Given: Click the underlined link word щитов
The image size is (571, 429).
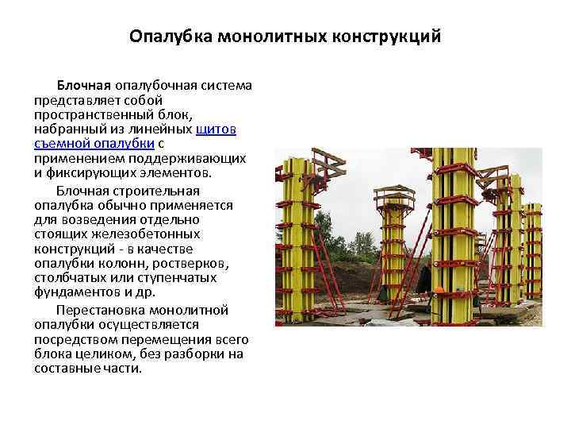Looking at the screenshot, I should click(x=231, y=129).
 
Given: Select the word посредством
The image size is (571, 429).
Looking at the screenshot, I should click(x=72, y=338).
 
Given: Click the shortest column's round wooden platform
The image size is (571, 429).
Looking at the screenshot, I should click(x=393, y=194).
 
